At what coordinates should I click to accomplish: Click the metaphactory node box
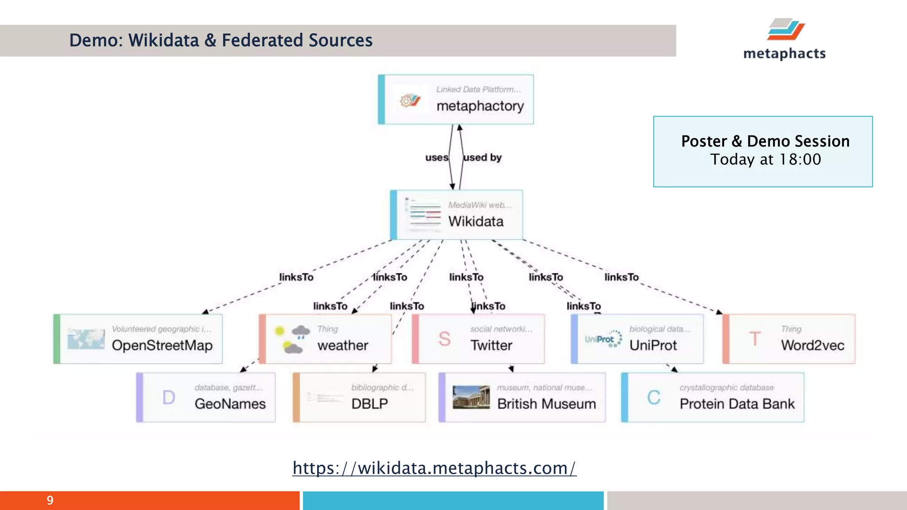[456, 100]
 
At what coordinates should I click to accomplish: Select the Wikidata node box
[457, 215]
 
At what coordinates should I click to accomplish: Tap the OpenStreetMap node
[138, 339]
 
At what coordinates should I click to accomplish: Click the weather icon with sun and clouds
[292, 340]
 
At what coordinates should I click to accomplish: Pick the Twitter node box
[478, 339]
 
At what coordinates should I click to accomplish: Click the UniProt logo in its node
[603, 339]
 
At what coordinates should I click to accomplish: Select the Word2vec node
[789, 339]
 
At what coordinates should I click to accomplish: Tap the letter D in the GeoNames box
[168, 398]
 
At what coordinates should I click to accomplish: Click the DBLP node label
[369, 404]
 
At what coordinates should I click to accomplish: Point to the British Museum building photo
[471, 397]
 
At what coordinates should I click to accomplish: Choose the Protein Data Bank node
[713, 398]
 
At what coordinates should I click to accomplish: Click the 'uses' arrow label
[437, 158]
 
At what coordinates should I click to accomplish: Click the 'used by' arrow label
[482, 158]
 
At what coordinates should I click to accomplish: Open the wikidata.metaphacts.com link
[434, 468]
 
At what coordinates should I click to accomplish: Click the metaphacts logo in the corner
[784, 40]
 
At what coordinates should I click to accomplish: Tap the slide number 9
[50, 500]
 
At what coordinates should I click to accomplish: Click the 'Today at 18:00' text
[765, 159]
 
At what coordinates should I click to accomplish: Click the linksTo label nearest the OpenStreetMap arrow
[296, 277]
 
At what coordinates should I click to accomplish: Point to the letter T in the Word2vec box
[755, 339]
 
